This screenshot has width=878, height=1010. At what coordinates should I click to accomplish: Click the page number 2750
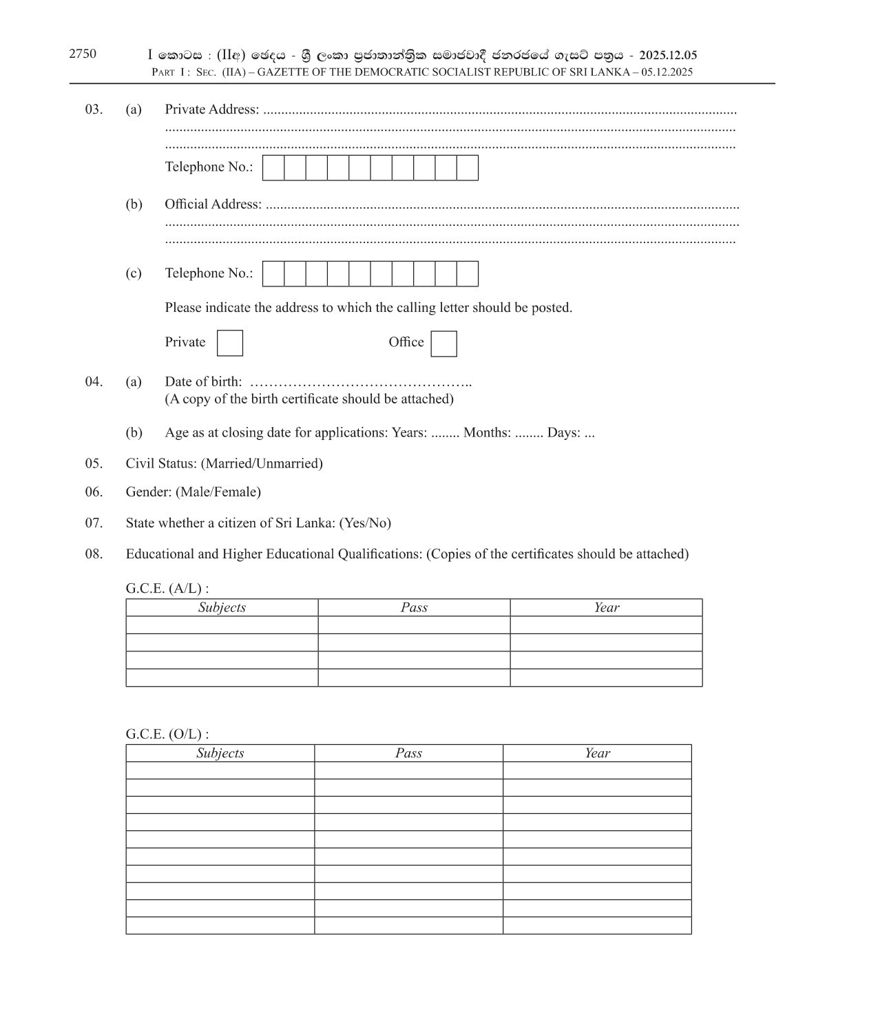(x=83, y=54)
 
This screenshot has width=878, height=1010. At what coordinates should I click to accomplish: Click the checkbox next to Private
(x=229, y=343)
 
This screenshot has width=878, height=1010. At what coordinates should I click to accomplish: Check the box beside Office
(x=443, y=344)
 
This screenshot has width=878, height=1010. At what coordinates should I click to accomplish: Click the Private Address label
(x=211, y=109)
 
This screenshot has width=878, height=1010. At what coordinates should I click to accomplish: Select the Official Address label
(x=213, y=204)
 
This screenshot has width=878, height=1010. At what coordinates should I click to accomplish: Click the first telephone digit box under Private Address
(x=273, y=168)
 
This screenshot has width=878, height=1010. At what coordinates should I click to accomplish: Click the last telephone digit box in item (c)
(x=468, y=274)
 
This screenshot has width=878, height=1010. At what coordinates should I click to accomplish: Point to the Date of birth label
(x=203, y=381)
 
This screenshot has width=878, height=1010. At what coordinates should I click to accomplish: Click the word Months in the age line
(x=486, y=433)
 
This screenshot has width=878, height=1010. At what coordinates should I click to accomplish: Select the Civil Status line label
(x=161, y=463)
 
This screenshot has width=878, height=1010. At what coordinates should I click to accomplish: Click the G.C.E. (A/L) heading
(x=167, y=589)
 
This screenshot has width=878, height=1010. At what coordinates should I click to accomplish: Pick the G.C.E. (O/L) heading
(x=167, y=734)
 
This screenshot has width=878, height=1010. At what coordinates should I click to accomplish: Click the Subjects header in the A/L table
(x=222, y=607)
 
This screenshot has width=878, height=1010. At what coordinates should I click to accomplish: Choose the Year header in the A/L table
(x=606, y=607)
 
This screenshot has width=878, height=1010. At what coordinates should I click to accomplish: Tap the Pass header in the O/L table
(x=408, y=753)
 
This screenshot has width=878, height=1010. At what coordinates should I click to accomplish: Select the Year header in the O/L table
(x=597, y=753)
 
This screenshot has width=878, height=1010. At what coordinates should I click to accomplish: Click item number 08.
(x=94, y=554)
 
